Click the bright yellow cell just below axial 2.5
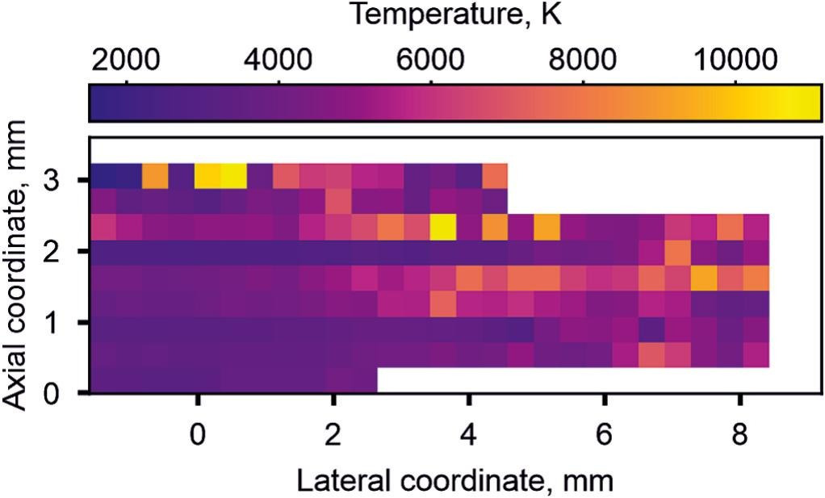coord(442,228)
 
